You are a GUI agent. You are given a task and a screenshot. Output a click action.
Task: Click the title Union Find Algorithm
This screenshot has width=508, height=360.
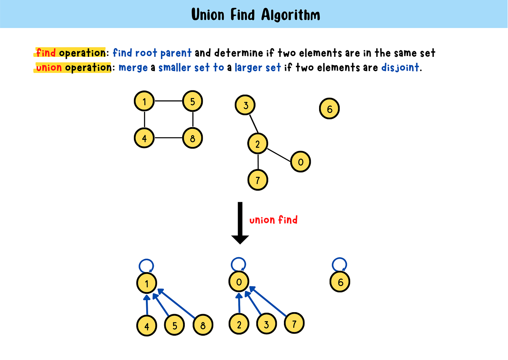tap(255, 15)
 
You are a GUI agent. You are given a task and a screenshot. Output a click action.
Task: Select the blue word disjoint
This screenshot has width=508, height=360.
tap(400, 68)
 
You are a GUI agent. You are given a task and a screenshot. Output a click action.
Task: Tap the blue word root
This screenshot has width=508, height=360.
tap(146, 53)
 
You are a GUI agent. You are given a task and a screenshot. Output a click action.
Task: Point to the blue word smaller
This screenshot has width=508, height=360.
tap(174, 68)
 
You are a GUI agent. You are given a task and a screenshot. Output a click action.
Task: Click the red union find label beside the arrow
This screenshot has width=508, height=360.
tap(273, 220)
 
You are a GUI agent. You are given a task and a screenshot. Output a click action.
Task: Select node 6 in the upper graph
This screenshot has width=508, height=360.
tap(329, 109)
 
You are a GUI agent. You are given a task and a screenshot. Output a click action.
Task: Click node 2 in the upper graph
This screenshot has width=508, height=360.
tap(258, 144)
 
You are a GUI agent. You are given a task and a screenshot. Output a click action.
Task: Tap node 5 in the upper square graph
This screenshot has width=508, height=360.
tap(193, 101)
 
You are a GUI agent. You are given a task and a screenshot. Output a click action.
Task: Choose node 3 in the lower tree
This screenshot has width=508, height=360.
tap(266, 324)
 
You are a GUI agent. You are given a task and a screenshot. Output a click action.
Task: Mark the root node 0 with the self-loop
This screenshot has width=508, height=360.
tap(239, 282)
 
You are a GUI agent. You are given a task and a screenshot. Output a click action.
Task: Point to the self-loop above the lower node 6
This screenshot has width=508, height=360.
tap(339, 264)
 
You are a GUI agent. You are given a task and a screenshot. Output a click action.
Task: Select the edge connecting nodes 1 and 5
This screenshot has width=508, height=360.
tap(168, 101)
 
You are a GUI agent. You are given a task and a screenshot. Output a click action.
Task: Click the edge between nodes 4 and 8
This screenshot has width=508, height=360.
tap(168, 138)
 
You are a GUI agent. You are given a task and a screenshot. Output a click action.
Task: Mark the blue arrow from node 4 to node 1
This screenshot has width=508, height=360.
tap(147, 306)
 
